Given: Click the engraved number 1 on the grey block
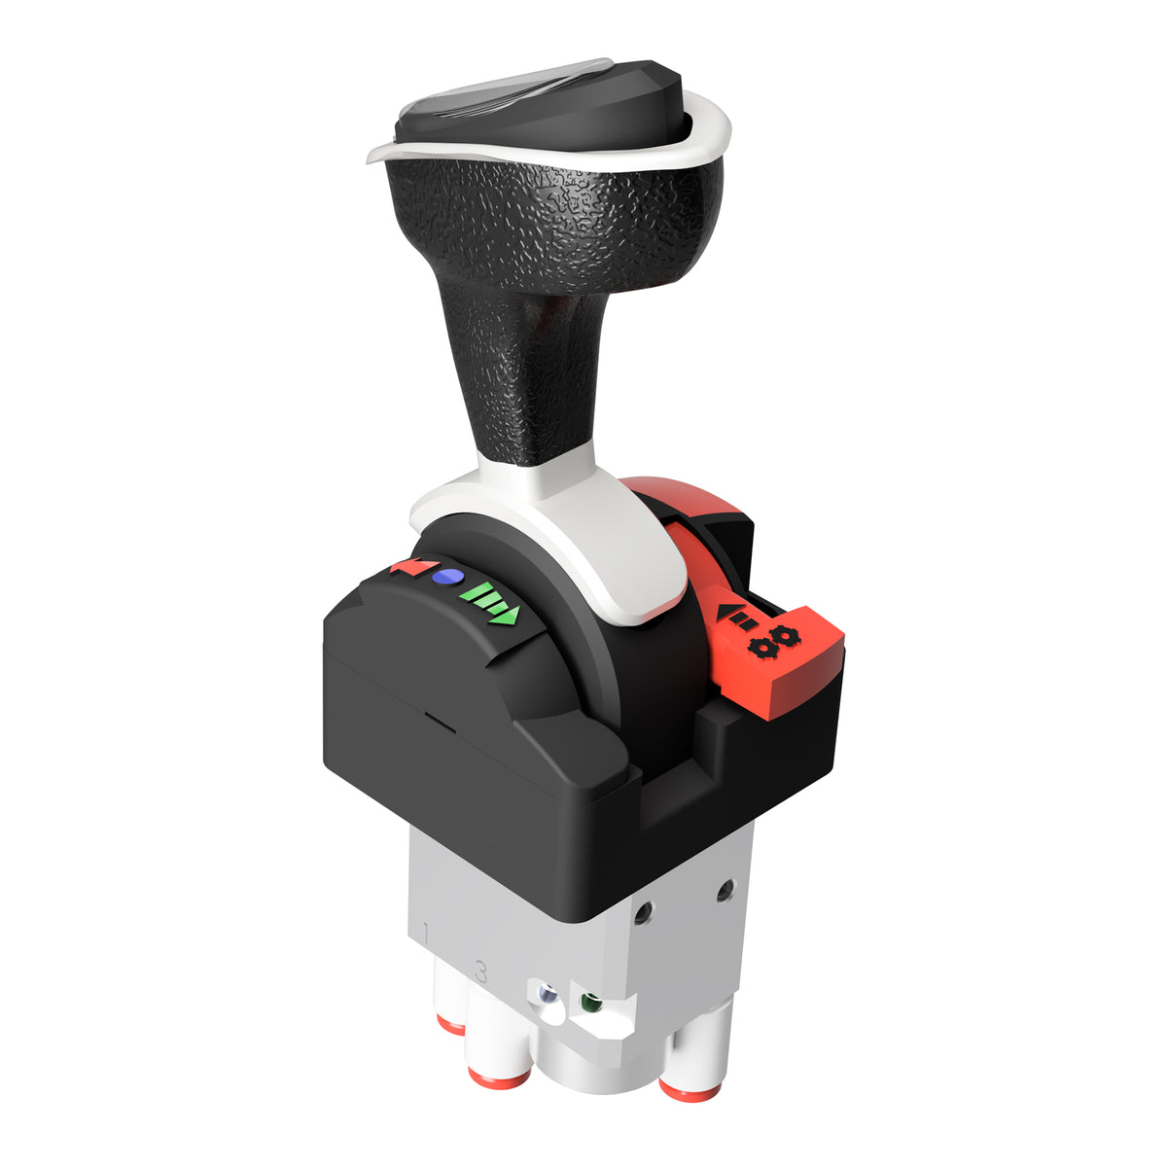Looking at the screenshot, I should tap(426, 935).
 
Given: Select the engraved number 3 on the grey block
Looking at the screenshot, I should tap(479, 970).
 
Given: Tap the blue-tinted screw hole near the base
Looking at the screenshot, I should tap(548, 996).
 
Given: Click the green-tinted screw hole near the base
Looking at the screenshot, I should tap(587, 1001).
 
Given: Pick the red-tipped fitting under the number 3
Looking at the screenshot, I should tap(499, 1074).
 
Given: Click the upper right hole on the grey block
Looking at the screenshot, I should tap(724, 889).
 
